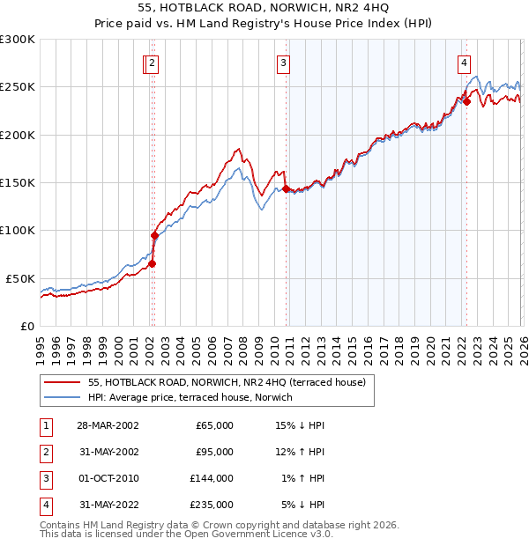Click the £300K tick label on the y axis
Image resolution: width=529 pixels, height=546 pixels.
pyautogui.click(x=18, y=40)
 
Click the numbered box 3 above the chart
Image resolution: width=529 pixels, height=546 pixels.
pyautogui.click(x=283, y=63)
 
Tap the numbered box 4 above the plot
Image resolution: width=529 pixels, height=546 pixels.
pyautogui.click(x=464, y=63)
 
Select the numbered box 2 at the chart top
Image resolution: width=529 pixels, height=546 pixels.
pyautogui.click(x=153, y=63)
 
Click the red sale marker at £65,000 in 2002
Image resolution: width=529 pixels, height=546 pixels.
pyautogui.click(x=152, y=263)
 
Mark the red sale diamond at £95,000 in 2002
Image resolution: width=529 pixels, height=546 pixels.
pyautogui.click(x=154, y=235)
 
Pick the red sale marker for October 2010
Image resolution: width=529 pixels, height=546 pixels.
pyautogui.click(x=286, y=188)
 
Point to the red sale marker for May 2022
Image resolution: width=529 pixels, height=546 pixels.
pyautogui.click(x=466, y=101)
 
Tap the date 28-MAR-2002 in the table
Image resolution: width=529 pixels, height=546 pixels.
pyautogui.click(x=107, y=425)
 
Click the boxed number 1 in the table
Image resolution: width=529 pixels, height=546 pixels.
pyautogui.click(x=45, y=425)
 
